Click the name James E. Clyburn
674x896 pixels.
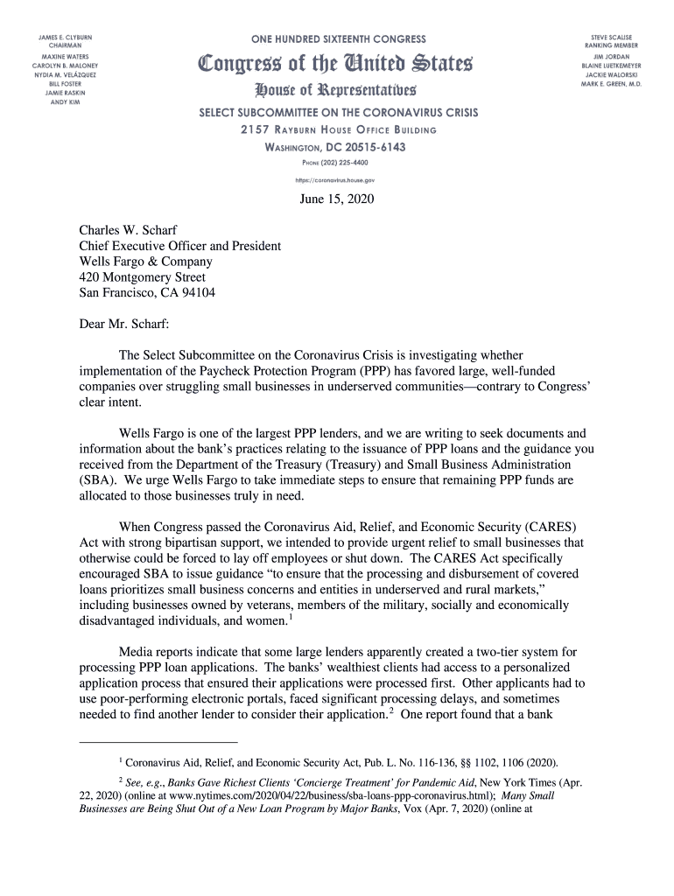[x=65, y=38]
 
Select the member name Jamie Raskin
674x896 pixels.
[x=65, y=93]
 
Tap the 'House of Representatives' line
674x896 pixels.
[x=337, y=90]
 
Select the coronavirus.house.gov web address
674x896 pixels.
[x=337, y=179]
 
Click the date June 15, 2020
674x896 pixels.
[x=337, y=199]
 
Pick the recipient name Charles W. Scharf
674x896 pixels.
[x=129, y=231]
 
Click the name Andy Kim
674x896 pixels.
[x=65, y=102]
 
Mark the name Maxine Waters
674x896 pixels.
[x=65, y=56]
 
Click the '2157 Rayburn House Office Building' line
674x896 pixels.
[x=337, y=130]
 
